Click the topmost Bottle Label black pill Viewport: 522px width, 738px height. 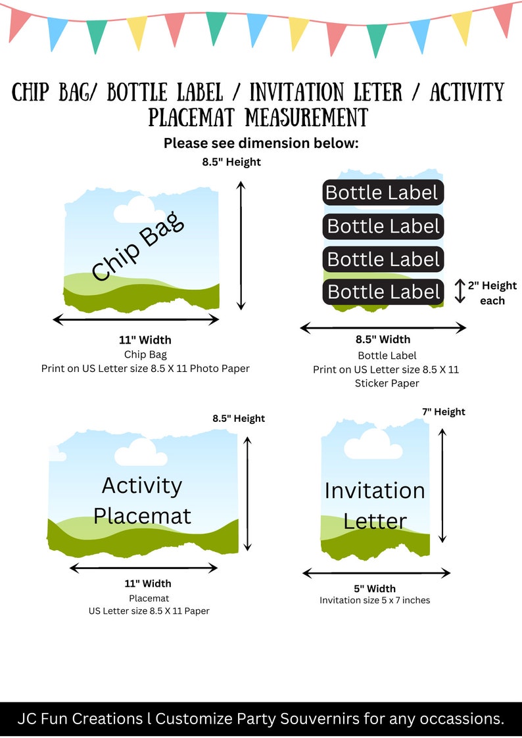point(383,193)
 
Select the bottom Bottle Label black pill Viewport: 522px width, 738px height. point(383,292)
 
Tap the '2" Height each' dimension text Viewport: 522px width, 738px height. point(492,292)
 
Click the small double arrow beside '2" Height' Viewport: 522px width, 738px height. point(460,291)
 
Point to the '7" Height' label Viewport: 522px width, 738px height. point(443,412)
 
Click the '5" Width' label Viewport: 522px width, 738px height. point(375,588)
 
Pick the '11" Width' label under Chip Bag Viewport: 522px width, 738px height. point(145,340)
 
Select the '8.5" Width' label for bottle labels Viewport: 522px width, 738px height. point(383,339)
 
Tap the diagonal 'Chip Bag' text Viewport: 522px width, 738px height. point(137,246)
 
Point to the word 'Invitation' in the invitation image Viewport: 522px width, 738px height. point(375,491)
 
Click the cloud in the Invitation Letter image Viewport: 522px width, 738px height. point(373,444)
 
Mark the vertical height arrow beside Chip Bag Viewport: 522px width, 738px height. point(241,246)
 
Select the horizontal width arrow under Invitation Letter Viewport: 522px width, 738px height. point(376,573)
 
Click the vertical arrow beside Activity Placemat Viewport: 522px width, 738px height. point(248,494)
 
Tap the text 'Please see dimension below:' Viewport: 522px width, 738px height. point(261,143)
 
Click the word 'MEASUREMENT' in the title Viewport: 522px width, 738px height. point(307,117)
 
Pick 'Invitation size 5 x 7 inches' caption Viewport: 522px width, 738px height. point(375,600)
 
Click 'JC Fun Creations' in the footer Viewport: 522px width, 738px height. point(80,719)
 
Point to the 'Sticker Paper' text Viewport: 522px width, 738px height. point(387,384)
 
